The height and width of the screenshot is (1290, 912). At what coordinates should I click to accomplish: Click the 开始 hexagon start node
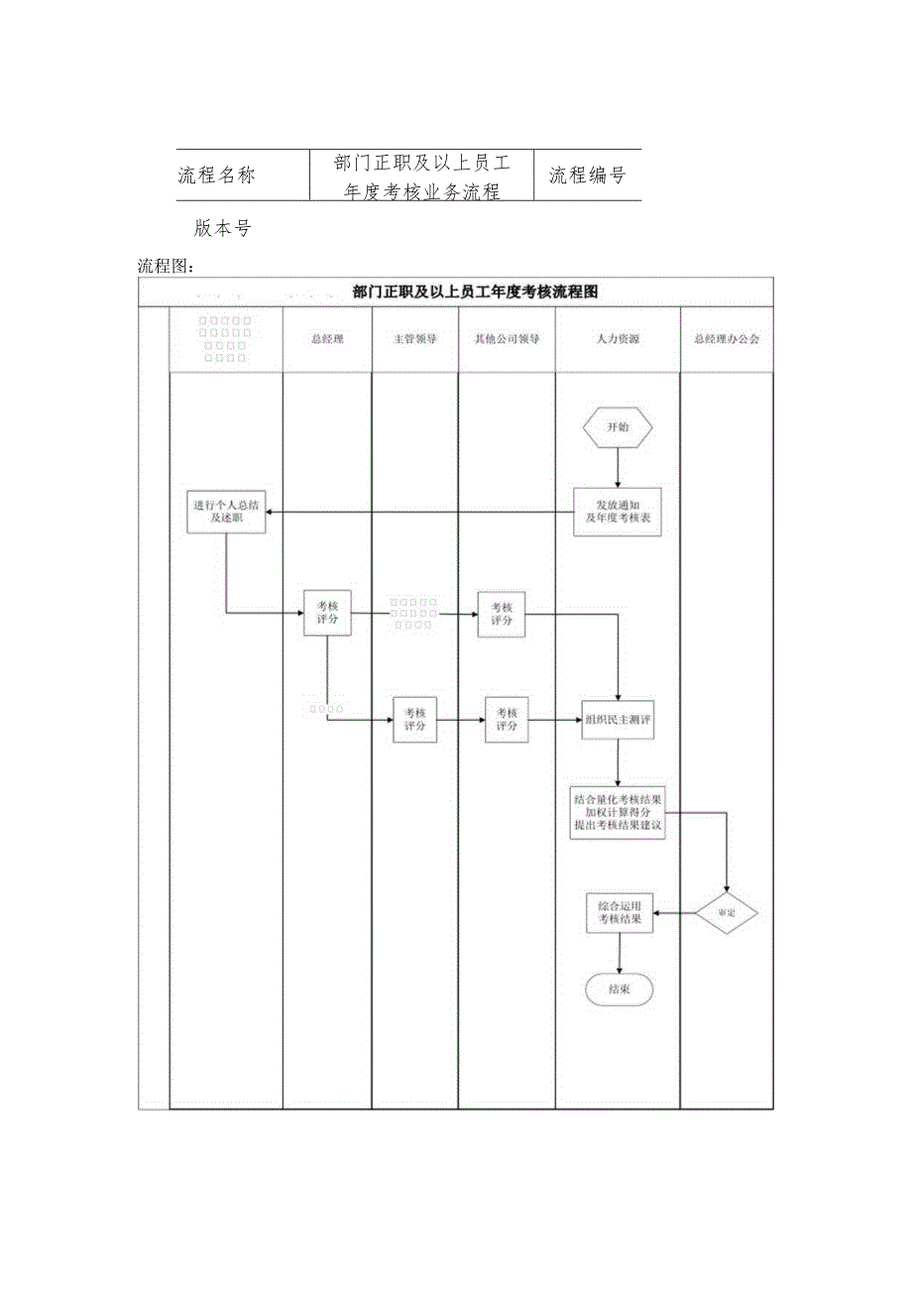618,429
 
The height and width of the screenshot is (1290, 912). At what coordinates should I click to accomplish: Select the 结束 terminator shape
619,989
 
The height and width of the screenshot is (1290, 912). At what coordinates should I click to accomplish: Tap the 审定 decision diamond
727,912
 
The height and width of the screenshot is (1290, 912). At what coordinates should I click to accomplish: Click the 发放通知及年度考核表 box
618,512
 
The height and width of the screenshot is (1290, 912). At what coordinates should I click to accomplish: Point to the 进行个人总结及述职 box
226,512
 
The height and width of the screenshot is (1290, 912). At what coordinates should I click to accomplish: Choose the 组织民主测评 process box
618,720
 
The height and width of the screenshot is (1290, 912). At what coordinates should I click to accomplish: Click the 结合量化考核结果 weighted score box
618,812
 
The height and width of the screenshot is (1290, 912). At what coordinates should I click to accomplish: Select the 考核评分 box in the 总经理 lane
326,613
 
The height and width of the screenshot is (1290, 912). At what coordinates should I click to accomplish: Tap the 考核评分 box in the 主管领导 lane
414,720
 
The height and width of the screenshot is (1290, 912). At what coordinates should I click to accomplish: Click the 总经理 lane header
326,339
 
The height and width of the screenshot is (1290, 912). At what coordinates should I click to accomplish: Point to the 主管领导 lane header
414,339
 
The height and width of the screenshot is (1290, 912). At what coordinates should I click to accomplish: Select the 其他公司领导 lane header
506,339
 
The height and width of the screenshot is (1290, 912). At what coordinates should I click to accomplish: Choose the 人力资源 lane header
617,339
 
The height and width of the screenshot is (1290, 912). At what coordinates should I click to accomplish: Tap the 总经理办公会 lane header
727,339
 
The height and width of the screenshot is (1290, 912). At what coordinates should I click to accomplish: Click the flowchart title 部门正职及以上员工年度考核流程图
475,292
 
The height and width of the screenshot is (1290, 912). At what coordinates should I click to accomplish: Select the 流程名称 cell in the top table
216,176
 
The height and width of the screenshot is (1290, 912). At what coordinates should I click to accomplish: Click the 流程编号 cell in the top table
587,176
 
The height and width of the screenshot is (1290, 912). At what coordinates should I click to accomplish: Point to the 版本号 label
223,228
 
